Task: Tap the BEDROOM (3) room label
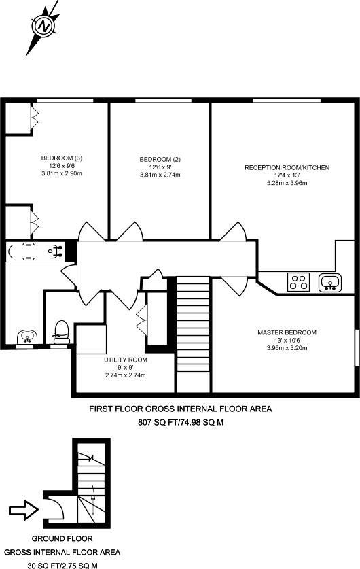click(x=62, y=158)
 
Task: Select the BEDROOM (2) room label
click(x=160, y=159)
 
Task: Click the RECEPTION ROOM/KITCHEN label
click(x=287, y=168)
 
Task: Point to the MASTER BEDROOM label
click(x=287, y=332)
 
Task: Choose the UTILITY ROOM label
click(x=126, y=360)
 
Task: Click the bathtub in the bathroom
click(x=35, y=252)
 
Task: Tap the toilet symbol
click(x=61, y=332)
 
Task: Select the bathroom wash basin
click(x=26, y=337)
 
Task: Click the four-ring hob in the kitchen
click(x=298, y=282)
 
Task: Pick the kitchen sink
click(x=330, y=283)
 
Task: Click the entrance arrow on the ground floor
click(x=24, y=511)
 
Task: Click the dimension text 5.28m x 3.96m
click(x=287, y=183)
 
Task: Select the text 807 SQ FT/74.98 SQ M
click(x=181, y=422)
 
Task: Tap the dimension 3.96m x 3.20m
click(x=287, y=348)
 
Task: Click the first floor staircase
click(x=193, y=334)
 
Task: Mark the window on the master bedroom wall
click(x=357, y=347)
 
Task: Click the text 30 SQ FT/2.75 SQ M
click(x=62, y=566)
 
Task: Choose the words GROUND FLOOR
click(x=62, y=538)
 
